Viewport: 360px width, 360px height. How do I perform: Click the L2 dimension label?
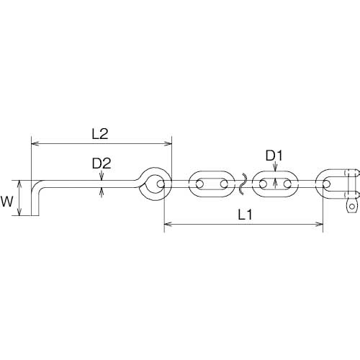(100, 134)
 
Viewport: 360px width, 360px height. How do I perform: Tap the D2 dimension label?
(102, 163)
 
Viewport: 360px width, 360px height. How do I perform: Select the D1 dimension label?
(274, 156)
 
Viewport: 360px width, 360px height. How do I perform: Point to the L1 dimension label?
(245, 215)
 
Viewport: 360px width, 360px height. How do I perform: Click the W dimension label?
(6, 202)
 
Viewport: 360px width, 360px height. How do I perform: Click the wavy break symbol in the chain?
(242, 184)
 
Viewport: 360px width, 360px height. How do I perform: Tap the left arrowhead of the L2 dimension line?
(35, 143)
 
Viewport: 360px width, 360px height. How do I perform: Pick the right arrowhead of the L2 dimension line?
(168, 143)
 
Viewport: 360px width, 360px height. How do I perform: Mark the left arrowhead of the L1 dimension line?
(168, 225)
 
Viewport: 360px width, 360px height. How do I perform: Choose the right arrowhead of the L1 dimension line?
(320, 225)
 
